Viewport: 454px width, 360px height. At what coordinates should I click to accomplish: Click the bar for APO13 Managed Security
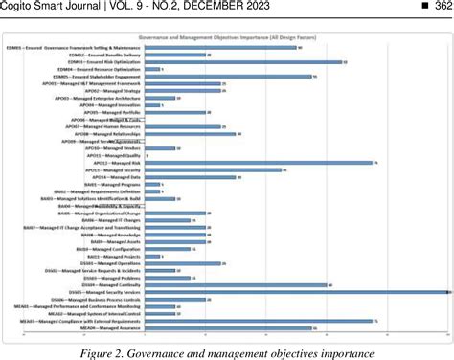point(220,170)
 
